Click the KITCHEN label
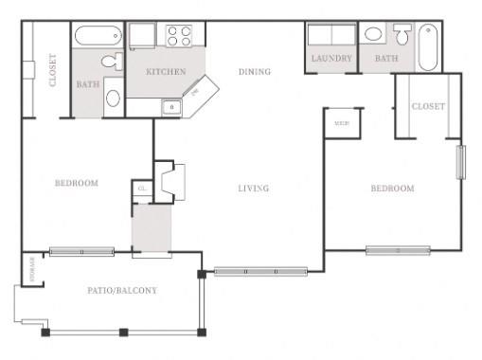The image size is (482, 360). pos(165,72)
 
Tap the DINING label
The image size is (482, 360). pos(255,71)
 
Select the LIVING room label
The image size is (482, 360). pos(254,189)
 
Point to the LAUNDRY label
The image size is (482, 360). pos(331,59)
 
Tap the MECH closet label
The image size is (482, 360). pos(338,122)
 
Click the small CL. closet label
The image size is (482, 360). pos(141,189)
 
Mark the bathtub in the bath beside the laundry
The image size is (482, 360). pos(428,47)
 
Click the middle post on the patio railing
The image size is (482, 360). pos(123,332)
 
